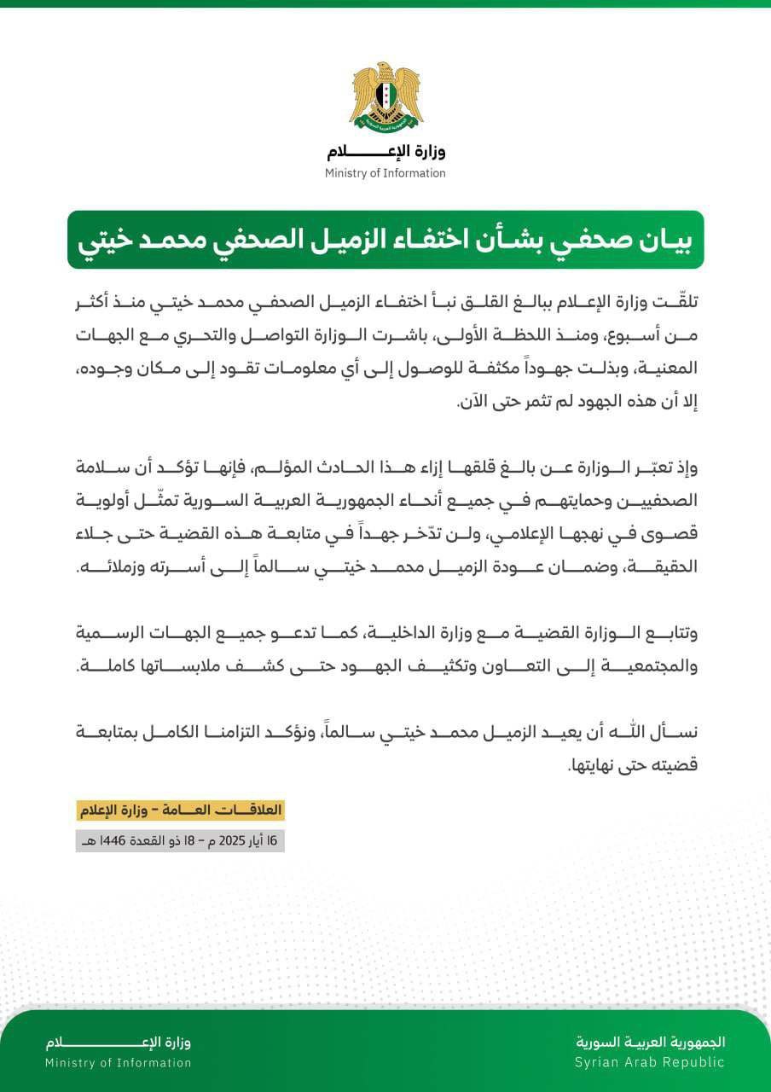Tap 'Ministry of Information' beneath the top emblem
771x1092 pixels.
pos(385,173)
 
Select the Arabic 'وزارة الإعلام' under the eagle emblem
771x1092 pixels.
pos(385,153)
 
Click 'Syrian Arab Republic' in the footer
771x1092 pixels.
pos(649,1062)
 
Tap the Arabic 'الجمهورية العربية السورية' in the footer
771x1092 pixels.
pos(651,1043)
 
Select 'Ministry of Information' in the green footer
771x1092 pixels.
pos(119,1063)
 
